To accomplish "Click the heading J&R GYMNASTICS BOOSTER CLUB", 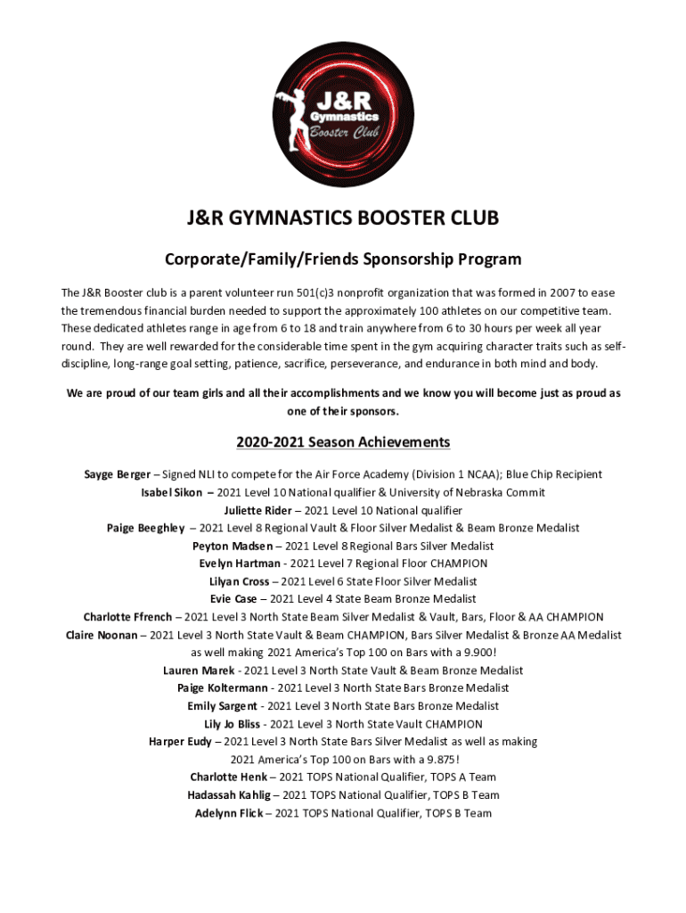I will [343, 219].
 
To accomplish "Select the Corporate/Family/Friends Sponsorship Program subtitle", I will [343, 259].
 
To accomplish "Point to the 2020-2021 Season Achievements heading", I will [343, 442].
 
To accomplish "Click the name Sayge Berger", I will [117, 474].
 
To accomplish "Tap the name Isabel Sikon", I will [171, 492].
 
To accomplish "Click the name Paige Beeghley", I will [146, 528].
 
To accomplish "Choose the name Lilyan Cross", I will [239, 581].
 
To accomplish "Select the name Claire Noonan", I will [102, 635].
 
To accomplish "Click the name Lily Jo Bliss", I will [233, 724].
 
